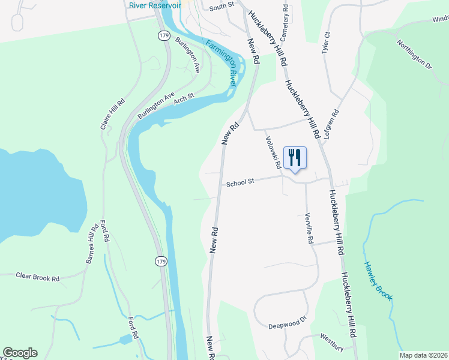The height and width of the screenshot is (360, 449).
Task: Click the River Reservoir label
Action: coord(154,5)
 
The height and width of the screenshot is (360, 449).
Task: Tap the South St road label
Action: coord(221,7)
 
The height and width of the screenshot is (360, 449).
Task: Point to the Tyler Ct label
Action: coord(327,43)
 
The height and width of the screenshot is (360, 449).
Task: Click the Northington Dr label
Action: coord(415,54)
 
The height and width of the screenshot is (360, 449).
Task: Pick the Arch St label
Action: coord(184,97)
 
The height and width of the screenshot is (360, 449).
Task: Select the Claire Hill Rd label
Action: coord(112,115)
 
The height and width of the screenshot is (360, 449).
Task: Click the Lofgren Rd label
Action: coord(332,125)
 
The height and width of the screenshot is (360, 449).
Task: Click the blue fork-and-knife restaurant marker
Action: coord(295,158)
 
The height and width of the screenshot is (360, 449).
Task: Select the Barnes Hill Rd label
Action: coord(91,244)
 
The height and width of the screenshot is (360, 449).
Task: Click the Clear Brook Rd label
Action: coord(38,278)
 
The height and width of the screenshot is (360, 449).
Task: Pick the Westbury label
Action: coord(331,337)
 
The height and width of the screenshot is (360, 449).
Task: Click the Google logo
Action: coord(20,353)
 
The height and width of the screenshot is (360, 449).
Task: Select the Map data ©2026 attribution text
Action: coord(423,355)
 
